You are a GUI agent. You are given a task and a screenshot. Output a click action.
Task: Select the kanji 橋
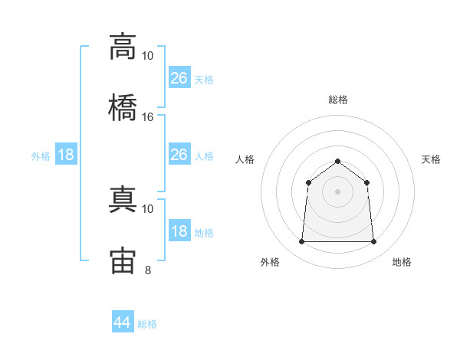tap(123, 106)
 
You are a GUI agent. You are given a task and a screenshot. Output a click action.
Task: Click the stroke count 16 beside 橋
tap(148, 117)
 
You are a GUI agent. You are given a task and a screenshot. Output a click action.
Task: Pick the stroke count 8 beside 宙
tap(148, 270)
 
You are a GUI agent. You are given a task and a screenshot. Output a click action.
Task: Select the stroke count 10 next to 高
tap(148, 56)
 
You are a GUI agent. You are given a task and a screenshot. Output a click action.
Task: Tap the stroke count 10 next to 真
tap(148, 208)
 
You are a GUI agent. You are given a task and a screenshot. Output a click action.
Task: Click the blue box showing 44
tap(123, 322)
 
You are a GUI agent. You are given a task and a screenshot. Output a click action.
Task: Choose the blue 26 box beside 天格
tap(179, 78)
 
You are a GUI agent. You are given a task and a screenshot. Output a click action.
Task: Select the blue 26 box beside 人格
tap(179, 155)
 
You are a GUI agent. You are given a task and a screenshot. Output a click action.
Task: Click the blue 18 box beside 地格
tap(179, 232)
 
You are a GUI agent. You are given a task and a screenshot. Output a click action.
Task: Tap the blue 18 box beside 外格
tap(66, 155)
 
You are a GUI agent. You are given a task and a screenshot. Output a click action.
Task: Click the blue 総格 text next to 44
tap(147, 324)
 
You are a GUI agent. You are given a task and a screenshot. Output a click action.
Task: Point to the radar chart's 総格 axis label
tap(338, 100)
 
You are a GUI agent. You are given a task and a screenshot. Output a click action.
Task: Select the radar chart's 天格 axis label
tap(431, 159)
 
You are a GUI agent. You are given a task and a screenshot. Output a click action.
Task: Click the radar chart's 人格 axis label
tap(245, 159)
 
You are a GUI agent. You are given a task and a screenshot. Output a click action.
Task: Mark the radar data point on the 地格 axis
tap(374, 242)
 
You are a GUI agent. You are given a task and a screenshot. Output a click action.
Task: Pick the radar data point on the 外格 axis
tap(301, 242)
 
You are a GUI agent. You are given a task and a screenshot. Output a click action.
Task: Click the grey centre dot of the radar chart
tap(337, 191)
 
